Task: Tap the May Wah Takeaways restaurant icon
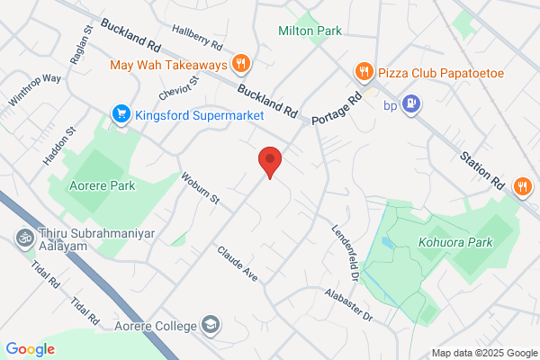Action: tap(240, 64)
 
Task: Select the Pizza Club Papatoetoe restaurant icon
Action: tap(363, 71)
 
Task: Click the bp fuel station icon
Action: tap(411, 104)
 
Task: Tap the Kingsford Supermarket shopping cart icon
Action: tap(121, 114)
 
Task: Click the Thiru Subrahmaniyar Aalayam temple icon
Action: tap(22, 239)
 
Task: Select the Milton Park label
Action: tap(310, 31)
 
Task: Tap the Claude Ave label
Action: tap(238, 263)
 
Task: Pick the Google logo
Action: tap(30, 348)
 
